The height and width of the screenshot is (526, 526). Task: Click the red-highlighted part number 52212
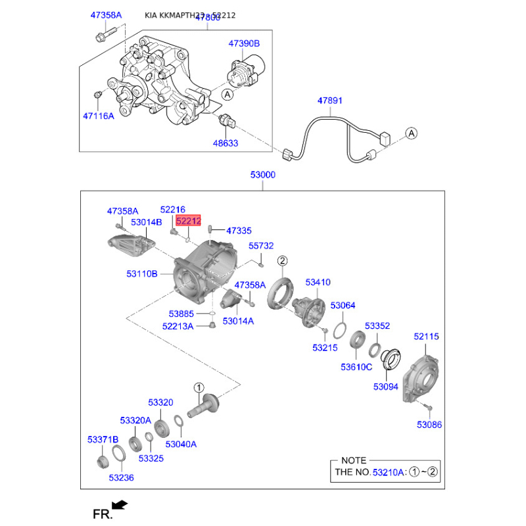point(188,221)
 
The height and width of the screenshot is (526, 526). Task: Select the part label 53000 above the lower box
point(262,175)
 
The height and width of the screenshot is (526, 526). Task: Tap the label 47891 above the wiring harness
point(330,101)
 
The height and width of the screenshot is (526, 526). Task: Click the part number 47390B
point(244,43)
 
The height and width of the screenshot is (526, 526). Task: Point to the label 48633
point(226,143)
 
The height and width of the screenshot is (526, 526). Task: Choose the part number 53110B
point(142,274)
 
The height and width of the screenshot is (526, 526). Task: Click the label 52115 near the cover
point(426,337)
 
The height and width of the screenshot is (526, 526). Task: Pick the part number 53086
point(429,425)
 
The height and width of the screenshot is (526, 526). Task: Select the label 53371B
point(103,439)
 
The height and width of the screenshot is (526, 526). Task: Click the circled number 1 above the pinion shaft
point(199,388)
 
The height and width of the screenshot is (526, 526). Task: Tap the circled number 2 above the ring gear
point(283,260)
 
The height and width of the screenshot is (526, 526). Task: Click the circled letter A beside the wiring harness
point(412,133)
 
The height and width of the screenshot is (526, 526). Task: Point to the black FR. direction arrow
point(120,505)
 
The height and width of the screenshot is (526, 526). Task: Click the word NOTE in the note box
point(354,460)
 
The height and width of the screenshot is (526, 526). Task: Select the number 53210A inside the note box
point(388,472)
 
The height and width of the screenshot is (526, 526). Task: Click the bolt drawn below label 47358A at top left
point(106,35)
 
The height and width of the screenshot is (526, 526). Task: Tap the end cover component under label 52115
point(421,379)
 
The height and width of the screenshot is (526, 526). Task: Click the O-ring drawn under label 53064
point(339,330)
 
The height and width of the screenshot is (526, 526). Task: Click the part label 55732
point(261,246)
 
